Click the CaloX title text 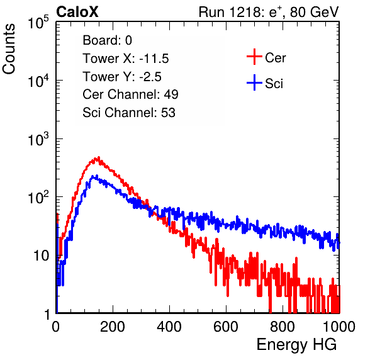click(77, 12)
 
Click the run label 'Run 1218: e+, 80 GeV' click(269, 12)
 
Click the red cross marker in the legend click(254, 57)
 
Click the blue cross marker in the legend click(254, 82)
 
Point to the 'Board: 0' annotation click(107, 40)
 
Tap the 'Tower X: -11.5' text click(126, 59)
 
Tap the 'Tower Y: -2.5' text click(122, 77)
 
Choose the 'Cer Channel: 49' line click(130, 94)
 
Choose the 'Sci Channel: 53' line click(129, 113)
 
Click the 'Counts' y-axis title click(9, 49)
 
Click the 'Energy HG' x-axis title click(296, 344)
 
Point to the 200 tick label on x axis click(113, 327)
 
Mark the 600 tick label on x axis click(226, 327)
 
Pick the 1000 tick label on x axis click(339, 327)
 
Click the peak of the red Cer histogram click(98, 157)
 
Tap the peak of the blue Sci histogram click(97, 176)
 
